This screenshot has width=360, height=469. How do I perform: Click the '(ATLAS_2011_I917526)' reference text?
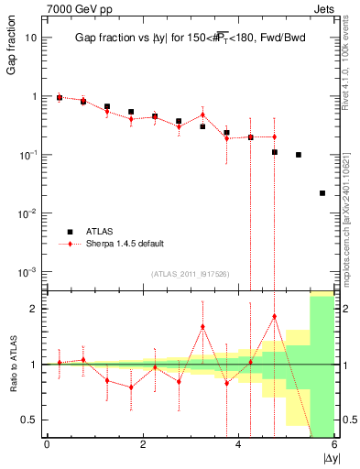click(190, 273)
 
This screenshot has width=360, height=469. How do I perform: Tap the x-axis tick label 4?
click(239, 445)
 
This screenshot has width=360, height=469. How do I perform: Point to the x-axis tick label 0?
click(47, 445)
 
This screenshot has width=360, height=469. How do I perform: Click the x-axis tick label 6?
click(334, 445)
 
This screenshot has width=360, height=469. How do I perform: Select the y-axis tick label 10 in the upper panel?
click(31, 38)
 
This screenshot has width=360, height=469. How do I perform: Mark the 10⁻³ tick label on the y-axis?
click(27, 272)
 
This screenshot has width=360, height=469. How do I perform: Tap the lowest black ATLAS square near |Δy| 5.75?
click(322, 193)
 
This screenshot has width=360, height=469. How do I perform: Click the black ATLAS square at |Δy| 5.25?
click(299, 155)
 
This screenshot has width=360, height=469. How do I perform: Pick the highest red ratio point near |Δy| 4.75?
click(275, 317)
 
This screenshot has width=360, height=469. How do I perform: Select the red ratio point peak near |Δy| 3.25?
click(202, 326)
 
